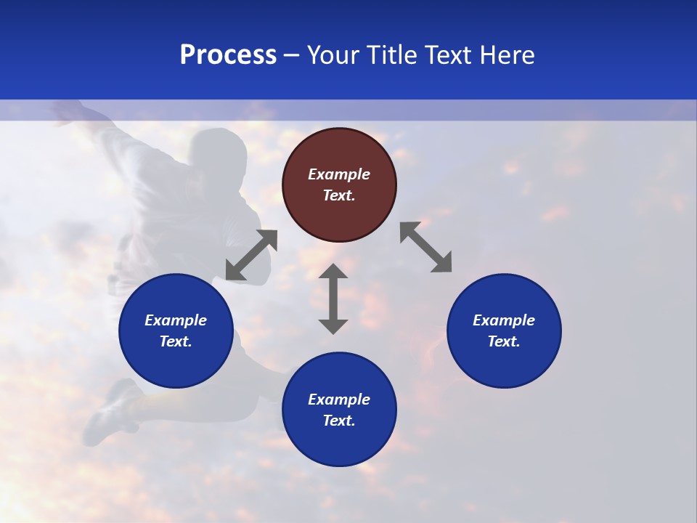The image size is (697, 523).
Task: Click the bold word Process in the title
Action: point(228,55)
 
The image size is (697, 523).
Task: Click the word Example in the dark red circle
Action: point(339,174)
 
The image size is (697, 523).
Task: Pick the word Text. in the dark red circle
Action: point(339,195)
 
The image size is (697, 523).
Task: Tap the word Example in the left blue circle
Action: point(176,320)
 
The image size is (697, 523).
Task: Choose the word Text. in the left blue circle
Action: point(176,341)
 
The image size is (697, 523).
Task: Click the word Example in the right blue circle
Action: point(504,320)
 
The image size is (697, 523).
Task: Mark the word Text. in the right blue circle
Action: point(504,341)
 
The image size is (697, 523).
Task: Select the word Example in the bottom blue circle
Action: point(339,400)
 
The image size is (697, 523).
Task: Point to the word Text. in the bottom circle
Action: point(339,421)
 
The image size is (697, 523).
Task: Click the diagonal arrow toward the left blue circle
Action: point(252,255)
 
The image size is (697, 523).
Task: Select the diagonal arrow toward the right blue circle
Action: point(425,248)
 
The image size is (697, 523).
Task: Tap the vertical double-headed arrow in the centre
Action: point(333,299)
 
